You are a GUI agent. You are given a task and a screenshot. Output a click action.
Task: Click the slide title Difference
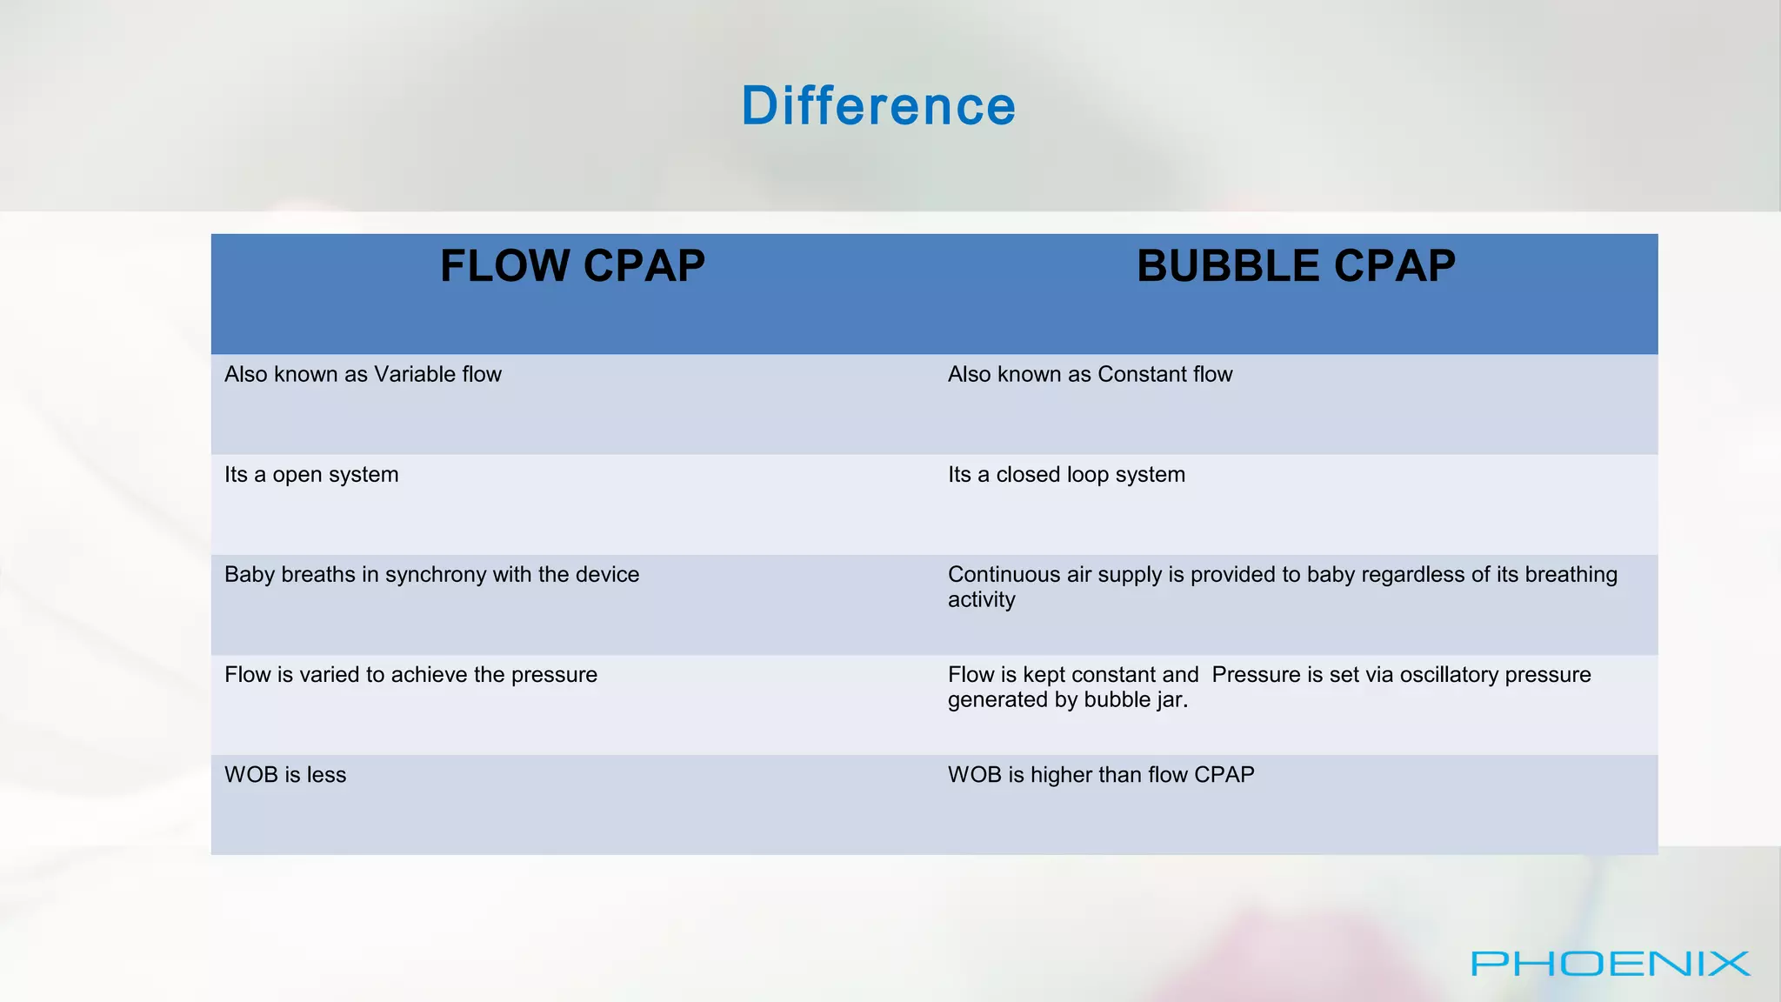878,106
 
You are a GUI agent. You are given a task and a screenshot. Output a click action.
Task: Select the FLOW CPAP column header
572,266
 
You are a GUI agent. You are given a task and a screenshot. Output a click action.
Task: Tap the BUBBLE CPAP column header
1296,266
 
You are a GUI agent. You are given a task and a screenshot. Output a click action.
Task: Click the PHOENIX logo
1610,964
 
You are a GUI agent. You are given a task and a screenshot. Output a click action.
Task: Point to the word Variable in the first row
414,374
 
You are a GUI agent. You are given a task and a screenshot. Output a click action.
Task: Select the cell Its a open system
311,475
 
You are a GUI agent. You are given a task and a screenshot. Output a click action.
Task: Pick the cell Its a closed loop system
1066,475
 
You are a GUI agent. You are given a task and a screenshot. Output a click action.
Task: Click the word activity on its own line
981,600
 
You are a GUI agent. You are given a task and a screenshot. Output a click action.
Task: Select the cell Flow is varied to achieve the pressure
410,675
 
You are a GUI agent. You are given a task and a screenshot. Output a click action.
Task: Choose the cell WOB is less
285,775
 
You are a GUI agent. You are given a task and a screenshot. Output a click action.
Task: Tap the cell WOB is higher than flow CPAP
1101,775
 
